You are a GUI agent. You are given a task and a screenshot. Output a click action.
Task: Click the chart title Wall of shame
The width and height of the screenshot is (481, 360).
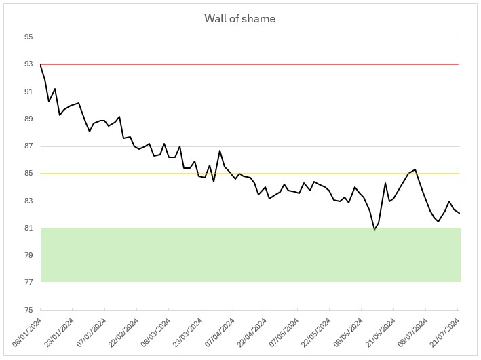click(240, 18)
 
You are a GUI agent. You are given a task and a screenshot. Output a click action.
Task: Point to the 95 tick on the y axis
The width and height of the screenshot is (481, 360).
click(28, 37)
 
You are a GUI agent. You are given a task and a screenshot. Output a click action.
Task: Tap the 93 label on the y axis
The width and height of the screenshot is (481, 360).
click(28, 64)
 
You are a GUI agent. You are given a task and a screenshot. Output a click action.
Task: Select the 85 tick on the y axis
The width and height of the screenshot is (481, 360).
click(28, 174)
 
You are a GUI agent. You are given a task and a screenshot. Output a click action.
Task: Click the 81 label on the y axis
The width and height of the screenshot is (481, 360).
click(28, 228)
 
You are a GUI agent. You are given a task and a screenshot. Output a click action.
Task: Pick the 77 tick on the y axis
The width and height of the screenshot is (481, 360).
click(28, 283)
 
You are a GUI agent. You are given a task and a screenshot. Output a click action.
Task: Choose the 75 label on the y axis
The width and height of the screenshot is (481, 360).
click(28, 310)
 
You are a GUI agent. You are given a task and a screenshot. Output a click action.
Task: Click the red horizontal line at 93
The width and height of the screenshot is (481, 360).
click(271, 64)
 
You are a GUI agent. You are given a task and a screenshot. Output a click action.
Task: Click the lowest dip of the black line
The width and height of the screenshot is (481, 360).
click(374, 230)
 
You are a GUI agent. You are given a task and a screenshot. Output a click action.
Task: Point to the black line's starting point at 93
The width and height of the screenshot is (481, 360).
click(41, 64)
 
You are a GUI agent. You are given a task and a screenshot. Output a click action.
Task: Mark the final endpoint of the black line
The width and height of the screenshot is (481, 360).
click(459, 214)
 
